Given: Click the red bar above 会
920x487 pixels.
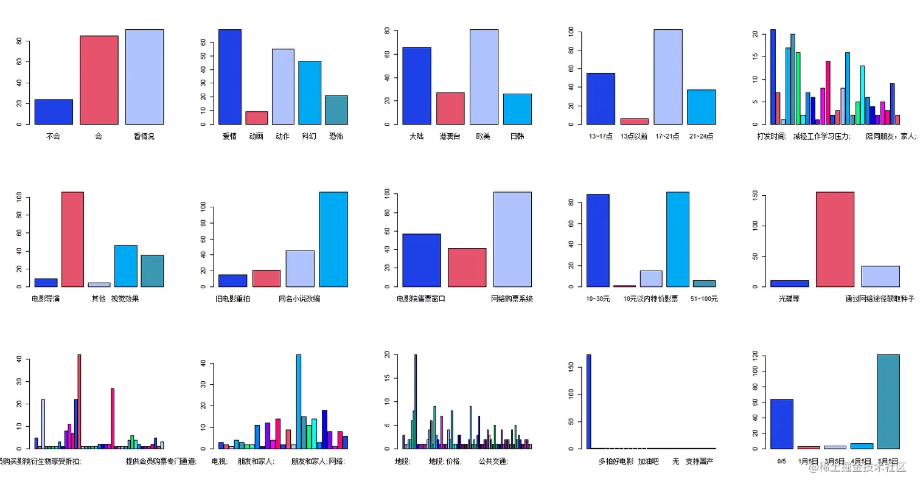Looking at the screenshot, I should [99, 80].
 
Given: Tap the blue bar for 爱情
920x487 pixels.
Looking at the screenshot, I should [230, 77].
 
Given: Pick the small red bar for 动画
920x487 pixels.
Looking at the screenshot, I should [257, 118].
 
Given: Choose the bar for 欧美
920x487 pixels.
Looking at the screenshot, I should [484, 77].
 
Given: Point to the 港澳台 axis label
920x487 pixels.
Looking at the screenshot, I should [451, 137].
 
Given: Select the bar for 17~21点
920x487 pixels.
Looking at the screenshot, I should [667, 77].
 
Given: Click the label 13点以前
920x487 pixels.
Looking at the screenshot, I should [634, 137].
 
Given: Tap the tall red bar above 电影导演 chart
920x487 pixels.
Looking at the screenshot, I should [72, 239].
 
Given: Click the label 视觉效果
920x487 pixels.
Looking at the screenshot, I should [125, 299].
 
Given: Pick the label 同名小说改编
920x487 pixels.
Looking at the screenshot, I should [299, 299].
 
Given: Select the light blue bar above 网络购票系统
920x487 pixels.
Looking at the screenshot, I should [512, 239].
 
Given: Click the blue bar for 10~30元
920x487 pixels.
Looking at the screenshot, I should [598, 240].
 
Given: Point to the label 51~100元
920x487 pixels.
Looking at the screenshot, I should [704, 299].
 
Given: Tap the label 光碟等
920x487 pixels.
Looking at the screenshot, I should [789, 299].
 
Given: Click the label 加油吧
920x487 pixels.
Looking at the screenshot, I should [649, 461].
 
